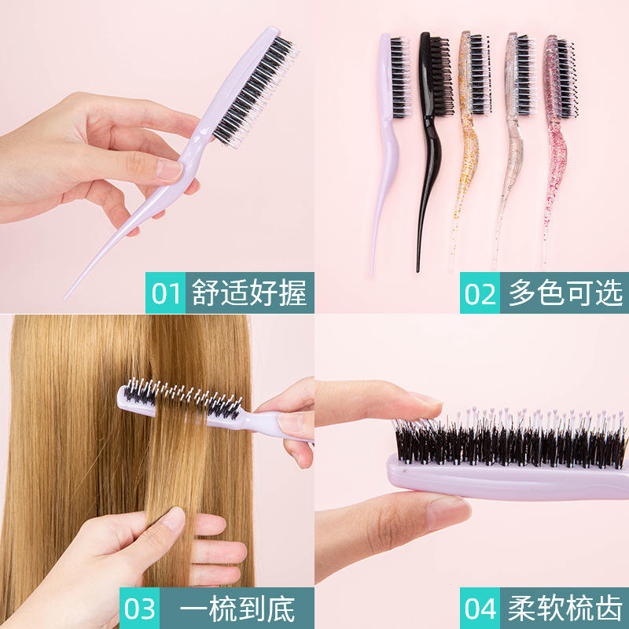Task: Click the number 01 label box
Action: point(165,292)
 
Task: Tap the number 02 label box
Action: point(480,292)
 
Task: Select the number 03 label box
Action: point(139,608)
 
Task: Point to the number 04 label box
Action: point(480,608)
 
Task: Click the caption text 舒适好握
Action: point(249,292)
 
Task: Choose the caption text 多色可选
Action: point(565,292)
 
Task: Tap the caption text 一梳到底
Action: point(237,609)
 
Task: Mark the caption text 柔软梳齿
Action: point(565,609)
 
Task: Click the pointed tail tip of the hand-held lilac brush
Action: point(65,298)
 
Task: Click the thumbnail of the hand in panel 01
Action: point(169,169)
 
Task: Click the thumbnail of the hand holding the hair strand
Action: point(173,518)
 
